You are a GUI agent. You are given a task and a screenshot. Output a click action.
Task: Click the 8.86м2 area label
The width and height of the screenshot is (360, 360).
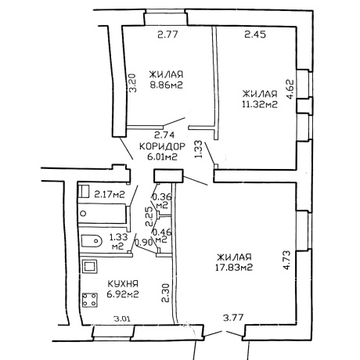(166, 85)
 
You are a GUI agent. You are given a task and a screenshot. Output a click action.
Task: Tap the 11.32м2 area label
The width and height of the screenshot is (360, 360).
(260, 104)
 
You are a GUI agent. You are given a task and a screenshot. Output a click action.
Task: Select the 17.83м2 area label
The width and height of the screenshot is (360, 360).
(234, 268)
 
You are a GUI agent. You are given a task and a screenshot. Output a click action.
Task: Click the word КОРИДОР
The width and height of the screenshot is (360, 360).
(162, 146)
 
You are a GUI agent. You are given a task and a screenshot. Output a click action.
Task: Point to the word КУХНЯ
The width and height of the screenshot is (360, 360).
(123, 283)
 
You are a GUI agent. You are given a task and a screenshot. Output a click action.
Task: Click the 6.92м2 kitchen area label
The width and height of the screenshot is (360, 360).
(123, 294)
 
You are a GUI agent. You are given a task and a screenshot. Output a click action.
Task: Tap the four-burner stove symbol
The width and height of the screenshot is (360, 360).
(90, 300)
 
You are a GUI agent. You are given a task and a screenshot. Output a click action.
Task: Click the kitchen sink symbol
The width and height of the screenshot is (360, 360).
(90, 266)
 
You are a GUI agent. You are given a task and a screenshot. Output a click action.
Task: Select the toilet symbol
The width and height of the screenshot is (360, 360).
(91, 241)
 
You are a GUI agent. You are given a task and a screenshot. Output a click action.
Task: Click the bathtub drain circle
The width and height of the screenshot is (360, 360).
(84, 214)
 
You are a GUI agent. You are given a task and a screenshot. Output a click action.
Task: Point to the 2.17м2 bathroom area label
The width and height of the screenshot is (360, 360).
(110, 194)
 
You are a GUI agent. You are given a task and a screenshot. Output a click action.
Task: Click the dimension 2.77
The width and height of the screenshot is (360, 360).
(167, 34)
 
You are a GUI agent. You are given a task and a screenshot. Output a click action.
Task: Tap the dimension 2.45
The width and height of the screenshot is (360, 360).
(255, 34)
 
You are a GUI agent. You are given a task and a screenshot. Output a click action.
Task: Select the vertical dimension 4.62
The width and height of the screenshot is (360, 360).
(290, 89)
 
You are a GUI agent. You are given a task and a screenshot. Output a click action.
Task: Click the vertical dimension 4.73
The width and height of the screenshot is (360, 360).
(286, 260)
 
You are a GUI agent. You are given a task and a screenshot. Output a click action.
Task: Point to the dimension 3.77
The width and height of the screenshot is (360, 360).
(233, 318)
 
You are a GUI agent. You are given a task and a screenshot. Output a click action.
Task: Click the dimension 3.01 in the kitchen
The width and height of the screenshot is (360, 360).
(122, 319)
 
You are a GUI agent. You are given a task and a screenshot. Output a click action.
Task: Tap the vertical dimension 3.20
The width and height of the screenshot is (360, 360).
(133, 83)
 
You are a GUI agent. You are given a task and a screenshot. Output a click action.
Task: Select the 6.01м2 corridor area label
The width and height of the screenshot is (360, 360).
(162, 157)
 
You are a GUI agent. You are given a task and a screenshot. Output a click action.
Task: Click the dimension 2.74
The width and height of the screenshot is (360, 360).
(164, 135)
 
